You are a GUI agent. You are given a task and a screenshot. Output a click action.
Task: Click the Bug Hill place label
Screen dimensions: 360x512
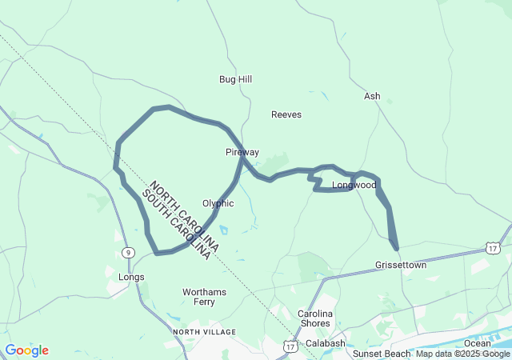tap(235, 79)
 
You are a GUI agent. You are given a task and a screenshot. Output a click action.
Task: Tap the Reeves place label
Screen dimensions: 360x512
tap(286, 114)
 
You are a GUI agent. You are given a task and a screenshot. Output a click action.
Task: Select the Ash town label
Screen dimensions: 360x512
tap(372, 96)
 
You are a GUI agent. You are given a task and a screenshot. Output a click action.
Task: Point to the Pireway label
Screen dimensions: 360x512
tap(242, 152)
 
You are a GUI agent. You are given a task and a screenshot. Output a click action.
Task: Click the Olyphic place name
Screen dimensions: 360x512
tap(218, 203)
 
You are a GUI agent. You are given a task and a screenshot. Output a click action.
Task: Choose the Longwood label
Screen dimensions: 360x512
tap(354, 185)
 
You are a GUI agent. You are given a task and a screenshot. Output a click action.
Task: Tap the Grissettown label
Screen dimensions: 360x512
tap(401, 265)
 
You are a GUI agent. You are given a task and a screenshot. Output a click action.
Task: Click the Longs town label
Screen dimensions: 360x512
tap(131, 277)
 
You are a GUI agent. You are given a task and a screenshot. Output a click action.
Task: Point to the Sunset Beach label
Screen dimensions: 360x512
tap(381, 353)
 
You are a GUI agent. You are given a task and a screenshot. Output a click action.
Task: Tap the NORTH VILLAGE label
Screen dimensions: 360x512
tap(204, 331)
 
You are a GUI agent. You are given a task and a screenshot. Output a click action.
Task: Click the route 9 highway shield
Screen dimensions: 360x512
tap(129, 253)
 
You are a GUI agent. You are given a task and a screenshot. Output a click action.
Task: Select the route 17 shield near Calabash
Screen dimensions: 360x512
tap(290, 346)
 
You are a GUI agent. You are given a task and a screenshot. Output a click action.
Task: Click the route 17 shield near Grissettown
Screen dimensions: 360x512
tap(494, 249)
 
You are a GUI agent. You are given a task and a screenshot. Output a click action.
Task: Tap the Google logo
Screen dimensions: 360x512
tap(26, 350)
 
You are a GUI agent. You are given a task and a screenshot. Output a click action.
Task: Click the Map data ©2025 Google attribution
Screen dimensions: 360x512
tap(462, 354)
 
